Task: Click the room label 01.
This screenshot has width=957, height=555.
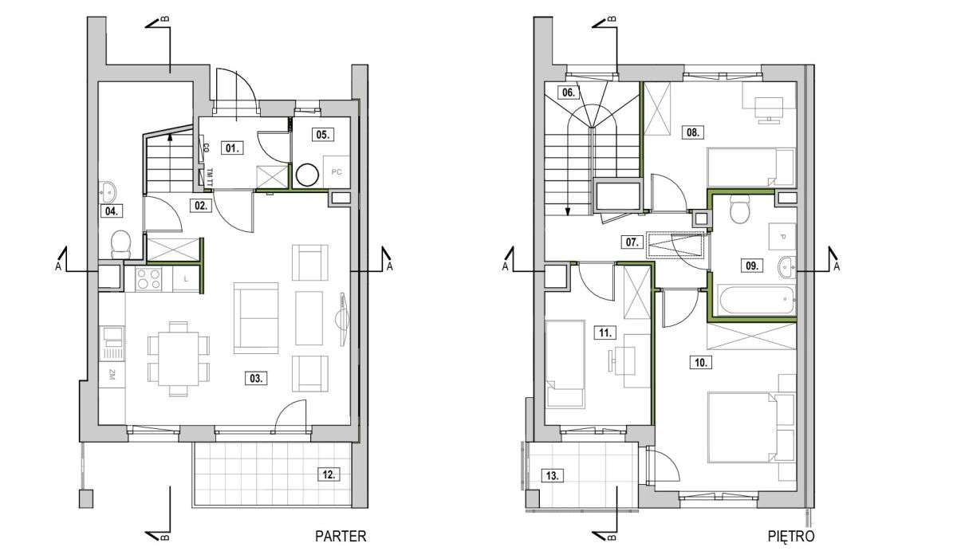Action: point(232,148)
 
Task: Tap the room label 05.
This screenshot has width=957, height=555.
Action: point(323,135)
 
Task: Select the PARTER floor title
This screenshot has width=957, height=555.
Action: point(341,536)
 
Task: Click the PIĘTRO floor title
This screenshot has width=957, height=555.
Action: point(791,536)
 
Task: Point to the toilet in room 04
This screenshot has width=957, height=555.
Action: point(120,245)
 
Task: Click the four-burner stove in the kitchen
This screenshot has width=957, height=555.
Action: point(148,278)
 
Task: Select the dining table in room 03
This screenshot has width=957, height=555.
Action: point(178,359)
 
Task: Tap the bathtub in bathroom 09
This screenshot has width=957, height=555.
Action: point(756,300)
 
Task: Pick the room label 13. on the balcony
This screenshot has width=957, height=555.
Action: point(553,475)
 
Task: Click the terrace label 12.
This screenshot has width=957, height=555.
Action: point(329,474)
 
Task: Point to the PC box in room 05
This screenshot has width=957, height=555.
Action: point(337,171)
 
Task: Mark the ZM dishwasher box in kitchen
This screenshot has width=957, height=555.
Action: point(112,375)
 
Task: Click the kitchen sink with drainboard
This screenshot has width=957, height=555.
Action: point(112,343)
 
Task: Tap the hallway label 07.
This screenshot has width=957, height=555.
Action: point(632,242)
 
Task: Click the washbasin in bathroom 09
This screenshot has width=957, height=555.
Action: point(786,267)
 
